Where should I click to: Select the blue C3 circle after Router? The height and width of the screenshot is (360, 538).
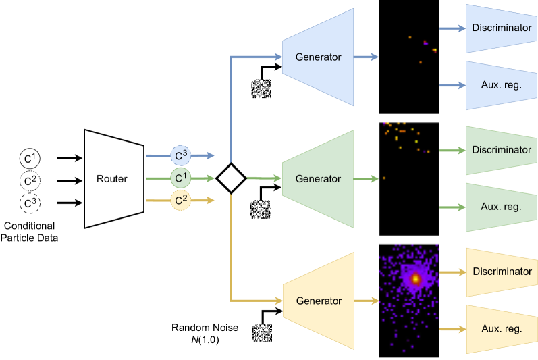coord(180,156)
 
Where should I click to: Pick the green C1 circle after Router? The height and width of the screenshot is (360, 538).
coord(180,179)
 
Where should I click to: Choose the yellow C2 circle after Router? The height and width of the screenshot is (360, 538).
coord(180,201)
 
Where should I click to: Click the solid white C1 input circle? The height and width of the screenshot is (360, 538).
coord(29,158)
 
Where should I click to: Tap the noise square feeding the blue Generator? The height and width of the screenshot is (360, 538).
coord(261,88)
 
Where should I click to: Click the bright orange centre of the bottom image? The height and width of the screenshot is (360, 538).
coord(416,278)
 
